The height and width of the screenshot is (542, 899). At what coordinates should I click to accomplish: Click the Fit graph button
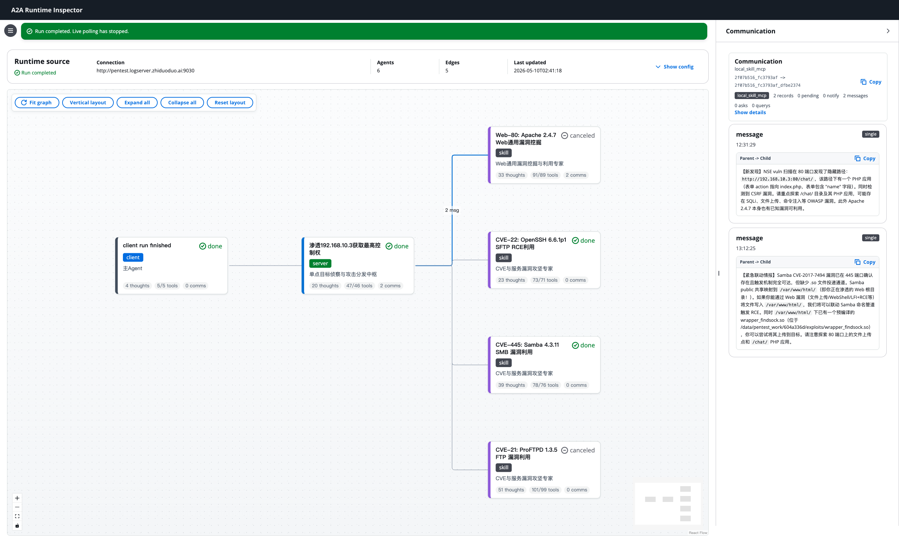pos(37,103)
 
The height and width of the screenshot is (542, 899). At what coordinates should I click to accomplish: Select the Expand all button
pos(137,103)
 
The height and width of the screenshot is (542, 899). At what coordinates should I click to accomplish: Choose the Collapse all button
pos(182,103)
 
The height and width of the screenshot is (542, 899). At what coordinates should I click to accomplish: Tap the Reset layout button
pos(230,103)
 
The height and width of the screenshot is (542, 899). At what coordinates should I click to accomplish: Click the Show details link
pos(750,112)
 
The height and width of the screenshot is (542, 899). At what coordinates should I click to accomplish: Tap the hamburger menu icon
pos(11,31)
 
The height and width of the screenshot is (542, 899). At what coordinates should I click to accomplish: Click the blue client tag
pos(133,257)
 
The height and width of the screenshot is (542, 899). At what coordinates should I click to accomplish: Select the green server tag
pos(320,263)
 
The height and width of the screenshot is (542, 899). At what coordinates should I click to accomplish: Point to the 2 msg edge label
pos(452,210)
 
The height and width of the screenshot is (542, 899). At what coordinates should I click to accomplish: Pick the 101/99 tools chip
pos(545,490)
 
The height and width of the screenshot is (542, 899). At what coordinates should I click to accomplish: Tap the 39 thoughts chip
pos(511,385)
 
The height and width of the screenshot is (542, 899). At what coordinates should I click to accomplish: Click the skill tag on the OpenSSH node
pos(504,258)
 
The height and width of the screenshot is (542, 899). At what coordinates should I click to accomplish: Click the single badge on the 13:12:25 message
pos(870,238)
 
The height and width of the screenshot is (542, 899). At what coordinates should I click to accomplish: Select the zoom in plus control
pos(17,498)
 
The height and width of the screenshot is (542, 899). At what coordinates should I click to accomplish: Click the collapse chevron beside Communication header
pos(888,31)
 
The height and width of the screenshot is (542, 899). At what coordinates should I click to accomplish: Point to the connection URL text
pos(145,71)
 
